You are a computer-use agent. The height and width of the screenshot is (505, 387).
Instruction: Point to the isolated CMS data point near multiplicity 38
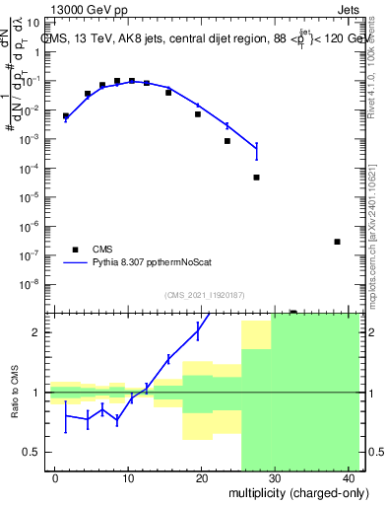click(x=337, y=242)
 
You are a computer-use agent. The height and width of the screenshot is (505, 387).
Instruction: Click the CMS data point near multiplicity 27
click(x=256, y=178)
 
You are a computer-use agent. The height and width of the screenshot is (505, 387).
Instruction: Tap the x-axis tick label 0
click(x=54, y=478)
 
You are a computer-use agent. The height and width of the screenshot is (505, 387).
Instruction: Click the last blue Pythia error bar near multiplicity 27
click(x=256, y=150)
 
